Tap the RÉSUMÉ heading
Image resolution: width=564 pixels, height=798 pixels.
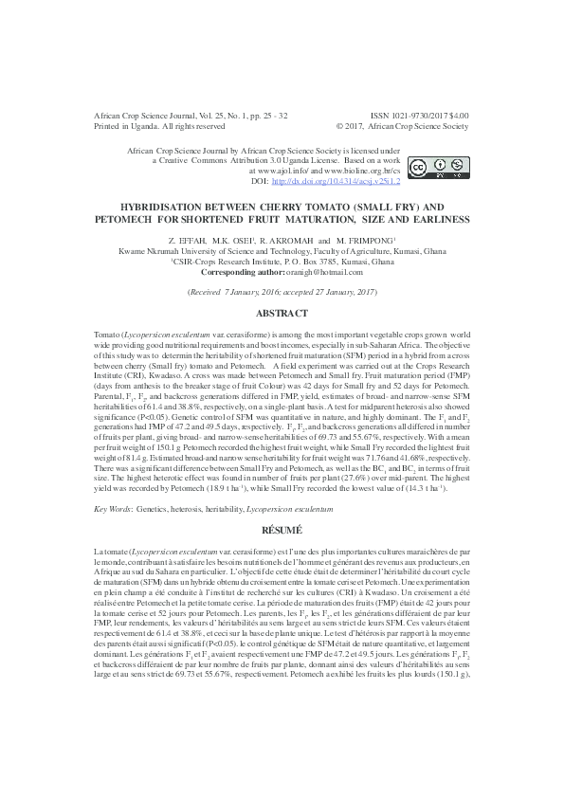tap(282, 528)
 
